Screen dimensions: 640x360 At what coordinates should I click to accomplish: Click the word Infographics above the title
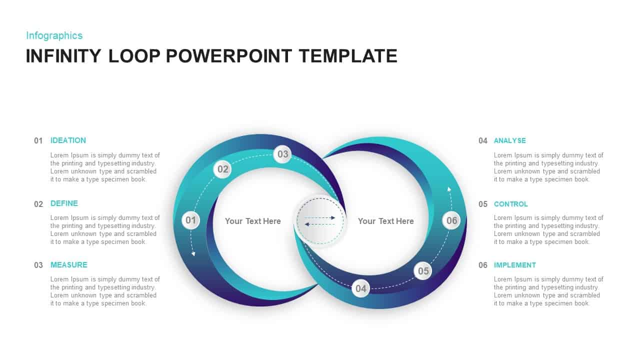(x=54, y=35)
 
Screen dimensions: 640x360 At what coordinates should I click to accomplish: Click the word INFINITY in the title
(x=63, y=56)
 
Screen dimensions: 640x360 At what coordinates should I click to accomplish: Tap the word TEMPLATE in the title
(x=348, y=56)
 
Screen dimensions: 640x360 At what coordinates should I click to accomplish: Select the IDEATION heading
(x=68, y=140)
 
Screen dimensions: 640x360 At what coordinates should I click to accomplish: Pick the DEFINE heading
(x=64, y=203)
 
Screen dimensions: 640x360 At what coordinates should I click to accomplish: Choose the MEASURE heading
(x=68, y=265)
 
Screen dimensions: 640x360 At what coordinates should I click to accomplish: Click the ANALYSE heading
(x=509, y=140)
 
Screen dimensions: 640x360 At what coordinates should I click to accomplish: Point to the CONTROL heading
(x=510, y=204)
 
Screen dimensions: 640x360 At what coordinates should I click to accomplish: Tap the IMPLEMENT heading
(x=514, y=265)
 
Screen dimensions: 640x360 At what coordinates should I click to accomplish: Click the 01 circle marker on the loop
(x=191, y=220)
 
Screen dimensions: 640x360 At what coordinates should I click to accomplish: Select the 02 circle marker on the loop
(x=222, y=169)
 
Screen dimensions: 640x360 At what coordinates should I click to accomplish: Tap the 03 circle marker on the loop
(x=283, y=154)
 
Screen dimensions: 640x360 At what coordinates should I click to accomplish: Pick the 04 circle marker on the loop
(x=360, y=288)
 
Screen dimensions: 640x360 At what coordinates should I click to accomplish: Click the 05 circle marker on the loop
(x=423, y=271)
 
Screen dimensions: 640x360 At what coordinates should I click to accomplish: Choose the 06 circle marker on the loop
(x=451, y=220)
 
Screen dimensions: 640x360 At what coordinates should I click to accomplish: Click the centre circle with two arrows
(x=320, y=220)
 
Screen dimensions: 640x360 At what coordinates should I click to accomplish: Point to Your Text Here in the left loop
(x=252, y=221)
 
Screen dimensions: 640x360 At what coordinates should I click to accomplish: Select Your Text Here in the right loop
(x=385, y=221)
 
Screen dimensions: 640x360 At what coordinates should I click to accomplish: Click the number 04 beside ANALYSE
(x=482, y=141)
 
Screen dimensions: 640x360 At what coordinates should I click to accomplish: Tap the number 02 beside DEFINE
(x=38, y=204)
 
